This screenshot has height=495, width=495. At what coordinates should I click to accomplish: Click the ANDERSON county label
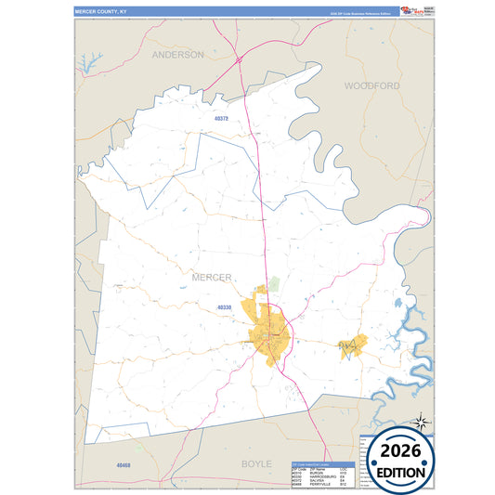pyautogui.click(x=177, y=55)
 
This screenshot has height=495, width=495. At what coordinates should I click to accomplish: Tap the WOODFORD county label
pyautogui.click(x=371, y=85)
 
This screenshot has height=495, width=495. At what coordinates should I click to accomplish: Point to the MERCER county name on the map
pyautogui.click(x=211, y=277)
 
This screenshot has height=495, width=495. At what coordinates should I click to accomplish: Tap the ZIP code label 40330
pyautogui.click(x=226, y=306)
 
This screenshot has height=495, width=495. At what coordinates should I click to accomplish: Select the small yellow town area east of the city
pyautogui.click(x=352, y=346)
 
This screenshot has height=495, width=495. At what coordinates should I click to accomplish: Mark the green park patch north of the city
pyautogui.click(x=274, y=282)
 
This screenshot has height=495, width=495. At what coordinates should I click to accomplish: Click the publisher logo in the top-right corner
pyautogui.click(x=412, y=10)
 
